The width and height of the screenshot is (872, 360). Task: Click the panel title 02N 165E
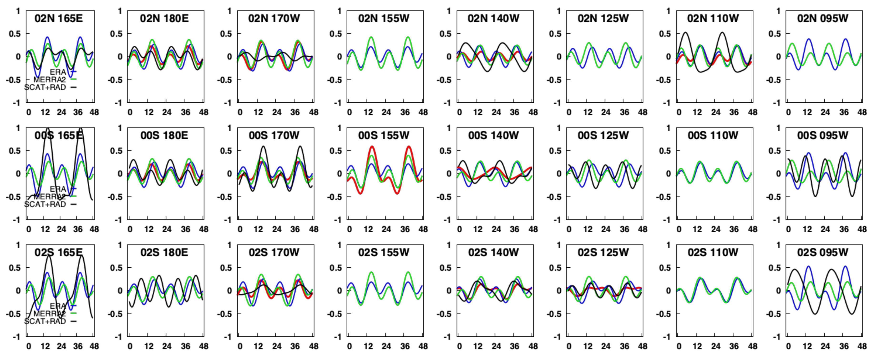click(x=59, y=18)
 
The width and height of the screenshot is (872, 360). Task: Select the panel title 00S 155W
click(x=384, y=135)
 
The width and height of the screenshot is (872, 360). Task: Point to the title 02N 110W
click(x=713, y=18)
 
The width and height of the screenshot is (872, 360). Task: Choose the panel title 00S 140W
click(x=493, y=135)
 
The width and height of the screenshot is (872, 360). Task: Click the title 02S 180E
click(x=164, y=252)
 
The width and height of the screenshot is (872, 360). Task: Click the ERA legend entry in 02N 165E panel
click(x=58, y=72)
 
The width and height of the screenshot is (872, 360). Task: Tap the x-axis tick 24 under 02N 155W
click(x=386, y=112)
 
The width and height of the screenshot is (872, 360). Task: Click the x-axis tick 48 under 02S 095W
click(x=862, y=346)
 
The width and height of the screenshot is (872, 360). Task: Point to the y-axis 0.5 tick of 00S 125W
click(x=555, y=150)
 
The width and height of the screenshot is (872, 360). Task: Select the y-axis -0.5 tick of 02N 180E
click(x=115, y=80)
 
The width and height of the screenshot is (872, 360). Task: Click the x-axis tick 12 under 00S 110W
click(x=697, y=229)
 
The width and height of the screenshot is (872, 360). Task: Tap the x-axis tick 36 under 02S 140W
click(x=514, y=346)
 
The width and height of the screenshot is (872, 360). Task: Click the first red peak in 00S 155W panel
click(x=372, y=146)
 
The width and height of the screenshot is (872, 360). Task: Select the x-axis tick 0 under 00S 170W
click(x=240, y=229)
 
